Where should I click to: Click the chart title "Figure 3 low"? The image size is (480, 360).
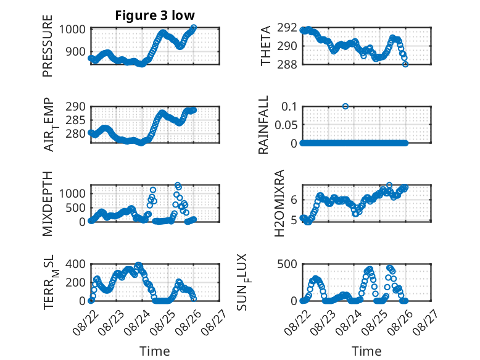pyautogui.click(x=155, y=15)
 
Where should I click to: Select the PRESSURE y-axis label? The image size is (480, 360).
pyautogui.click(x=48, y=46)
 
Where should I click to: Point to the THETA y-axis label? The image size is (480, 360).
pyautogui.click(x=266, y=46)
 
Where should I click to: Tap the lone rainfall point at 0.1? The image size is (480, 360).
pyautogui.click(x=346, y=106)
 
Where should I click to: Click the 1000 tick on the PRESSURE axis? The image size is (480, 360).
pyautogui.click(x=72, y=30)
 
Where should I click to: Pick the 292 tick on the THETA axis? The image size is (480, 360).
pyautogui.click(x=287, y=28)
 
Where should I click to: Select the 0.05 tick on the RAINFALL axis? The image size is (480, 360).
pyautogui.click(x=286, y=125)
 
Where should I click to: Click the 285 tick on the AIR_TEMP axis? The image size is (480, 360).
pyautogui.click(x=75, y=120)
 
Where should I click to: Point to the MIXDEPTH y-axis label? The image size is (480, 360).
pyautogui.click(x=48, y=204)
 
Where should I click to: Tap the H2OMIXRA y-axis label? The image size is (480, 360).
pyautogui.click(x=279, y=203)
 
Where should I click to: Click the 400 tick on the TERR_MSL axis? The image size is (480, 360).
pyautogui.click(x=75, y=264)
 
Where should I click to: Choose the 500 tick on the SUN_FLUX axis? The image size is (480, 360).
pyautogui.click(x=287, y=264)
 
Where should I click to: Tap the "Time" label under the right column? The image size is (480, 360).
pyautogui.click(x=366, y=351)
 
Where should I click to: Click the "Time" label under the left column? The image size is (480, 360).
pyautogui.click(x=155, y=351)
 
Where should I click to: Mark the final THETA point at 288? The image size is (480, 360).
pyautogui.click(x=405, y=64)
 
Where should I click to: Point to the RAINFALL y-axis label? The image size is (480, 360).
pyautogui.click(x=263, y=125)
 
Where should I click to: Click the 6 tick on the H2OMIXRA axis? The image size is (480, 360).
pyautogui.click(x=294, y=200)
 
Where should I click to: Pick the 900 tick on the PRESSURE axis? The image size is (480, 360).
pyautogui.click(x=75, y=52)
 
